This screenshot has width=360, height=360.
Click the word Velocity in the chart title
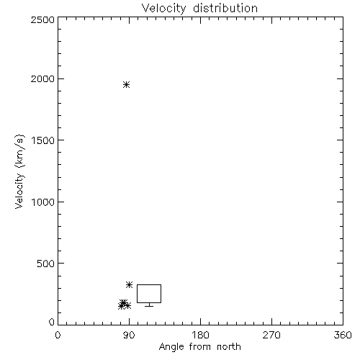pyautogui.click(x=164, y=8)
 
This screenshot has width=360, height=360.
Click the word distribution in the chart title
pyautogui.click(x=225, y=8)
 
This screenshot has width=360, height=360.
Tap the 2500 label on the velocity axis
pyautogui.click(x=42, y=19)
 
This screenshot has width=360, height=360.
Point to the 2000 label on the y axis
pyautogui.click(x=42, y=79)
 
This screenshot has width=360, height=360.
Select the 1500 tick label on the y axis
pyautogui.click(x=43, y=140)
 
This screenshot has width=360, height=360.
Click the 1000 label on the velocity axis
pyautogui.click(x=43, y=202)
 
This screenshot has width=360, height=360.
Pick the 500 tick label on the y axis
pyautogui.click(x=46, y=264)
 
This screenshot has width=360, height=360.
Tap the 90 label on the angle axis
pyautogui.click(x=129, y=335)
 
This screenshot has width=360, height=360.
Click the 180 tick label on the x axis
pyautogui.click(x=200, y=335)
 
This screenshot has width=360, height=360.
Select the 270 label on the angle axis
pyautogui.click(x=271, y=335)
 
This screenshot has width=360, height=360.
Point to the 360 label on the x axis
pyautogui.click(x=343, y=335)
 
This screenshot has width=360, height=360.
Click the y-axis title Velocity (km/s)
pyautogui.click(x=19, y=171)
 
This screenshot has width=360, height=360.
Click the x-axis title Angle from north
pyautogui.click(x=199, y=347)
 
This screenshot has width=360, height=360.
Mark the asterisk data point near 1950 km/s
pyautogui.click(x=126, y=85)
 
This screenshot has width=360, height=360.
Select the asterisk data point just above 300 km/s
pyautogui.click(x=129, y=285)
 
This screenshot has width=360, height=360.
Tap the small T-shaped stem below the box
pyautogui.click(x=149, y=305)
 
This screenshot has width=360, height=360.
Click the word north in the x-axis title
pyautogui.click(x=229, y=347)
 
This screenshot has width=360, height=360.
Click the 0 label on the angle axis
pyautogui.click(x=58, y=335)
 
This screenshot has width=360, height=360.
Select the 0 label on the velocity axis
pyautogui.click(x=52, y=322)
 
